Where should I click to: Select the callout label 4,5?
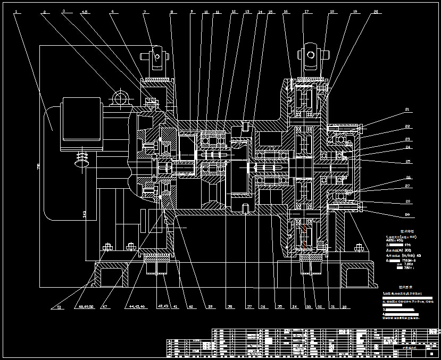point(85,11)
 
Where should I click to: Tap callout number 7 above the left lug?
point(144,11)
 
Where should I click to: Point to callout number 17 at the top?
point(306,11)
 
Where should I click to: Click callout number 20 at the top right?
point(376,11)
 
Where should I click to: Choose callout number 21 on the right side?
point(407,110)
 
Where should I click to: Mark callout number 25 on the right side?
point(407,161)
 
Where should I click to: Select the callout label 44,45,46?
point(137,307)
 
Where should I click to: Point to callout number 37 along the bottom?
point(249,307)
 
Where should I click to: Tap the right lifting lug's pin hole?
point(310,54)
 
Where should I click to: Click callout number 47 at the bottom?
point(104,307)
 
